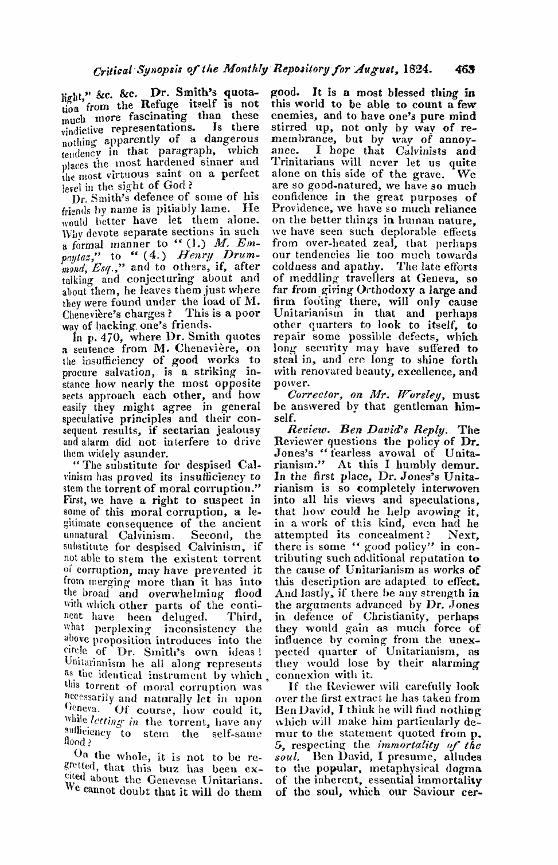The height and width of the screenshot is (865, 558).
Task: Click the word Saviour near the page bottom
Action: click(x=423, y=793)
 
